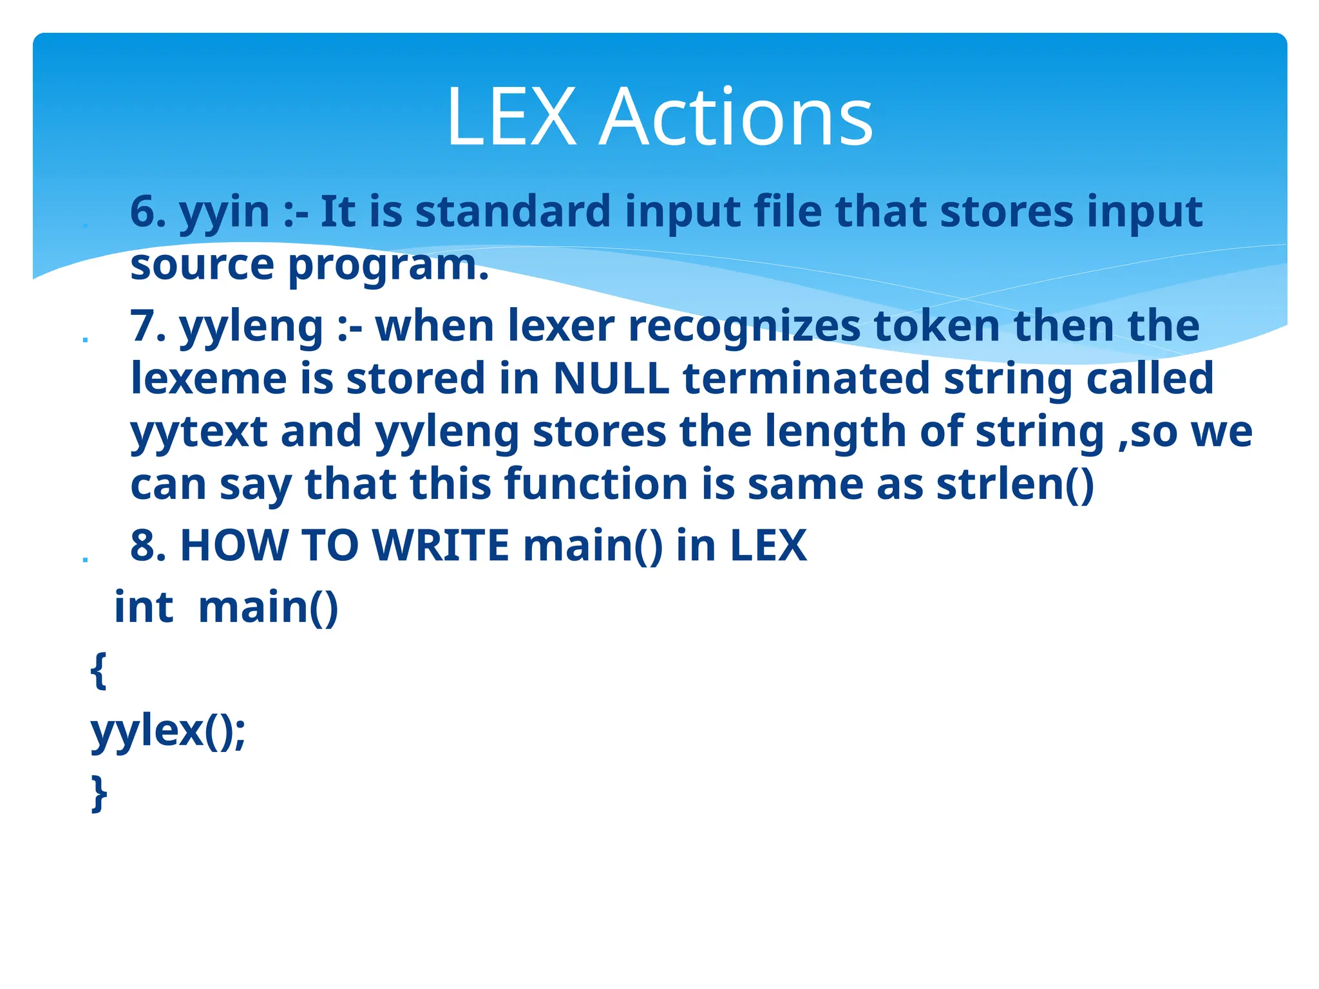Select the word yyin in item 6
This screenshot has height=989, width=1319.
click(x=224, y=212)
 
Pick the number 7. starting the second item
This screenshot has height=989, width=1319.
click(x=147, y=326)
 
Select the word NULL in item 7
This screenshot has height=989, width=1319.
click(x=611, y=379)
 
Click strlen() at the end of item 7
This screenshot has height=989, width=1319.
click(x=1015, y=484)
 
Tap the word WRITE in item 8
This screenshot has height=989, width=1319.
click(x=441, y=545)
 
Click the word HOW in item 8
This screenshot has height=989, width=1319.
click(x=233, y=545)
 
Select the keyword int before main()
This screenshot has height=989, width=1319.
click(x=144, y=607)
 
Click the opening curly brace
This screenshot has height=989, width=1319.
click(x=99, y=670)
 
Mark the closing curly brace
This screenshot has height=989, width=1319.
click(x=99, y=794)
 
